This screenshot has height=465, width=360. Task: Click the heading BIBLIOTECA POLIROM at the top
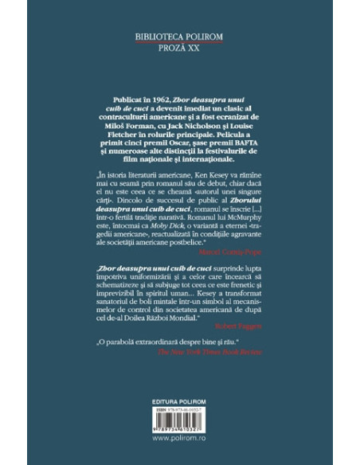[180, 37]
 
